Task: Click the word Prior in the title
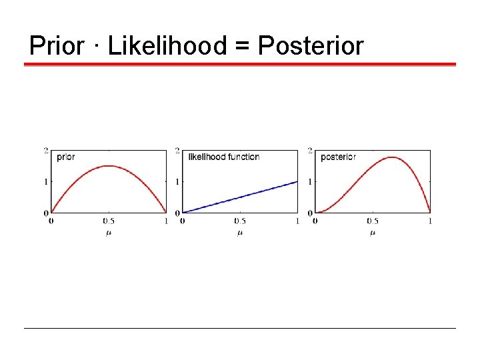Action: click(x=57, y=46)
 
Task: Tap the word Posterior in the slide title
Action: click(x=311, y=46)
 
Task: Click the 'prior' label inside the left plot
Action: click(x=66, y=157)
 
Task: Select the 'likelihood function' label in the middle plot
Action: click(x=224, y=157)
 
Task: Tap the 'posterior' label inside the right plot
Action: click(x=338, y=157)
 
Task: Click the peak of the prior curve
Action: click(x=109, y=166)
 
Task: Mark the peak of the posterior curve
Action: click(x=393, y=157)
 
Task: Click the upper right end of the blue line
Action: click(x=297, y=181)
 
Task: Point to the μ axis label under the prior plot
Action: click(x=109, y=233)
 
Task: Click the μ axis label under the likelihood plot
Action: click(x=240, y=233)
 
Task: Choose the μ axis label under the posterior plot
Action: click(x=372, y=233)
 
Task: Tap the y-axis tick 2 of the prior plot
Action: click(x=46, y=151)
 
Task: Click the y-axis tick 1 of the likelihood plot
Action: click(x=177, y=182)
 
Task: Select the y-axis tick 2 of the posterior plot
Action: click(x=310, y=151)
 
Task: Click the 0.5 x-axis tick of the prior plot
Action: click(x=108, y=221)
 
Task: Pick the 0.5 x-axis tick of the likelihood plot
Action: click(x=239, y=221)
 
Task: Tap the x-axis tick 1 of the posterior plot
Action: click(x=430, y=221)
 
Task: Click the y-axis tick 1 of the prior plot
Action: click(x=46, y=182)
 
